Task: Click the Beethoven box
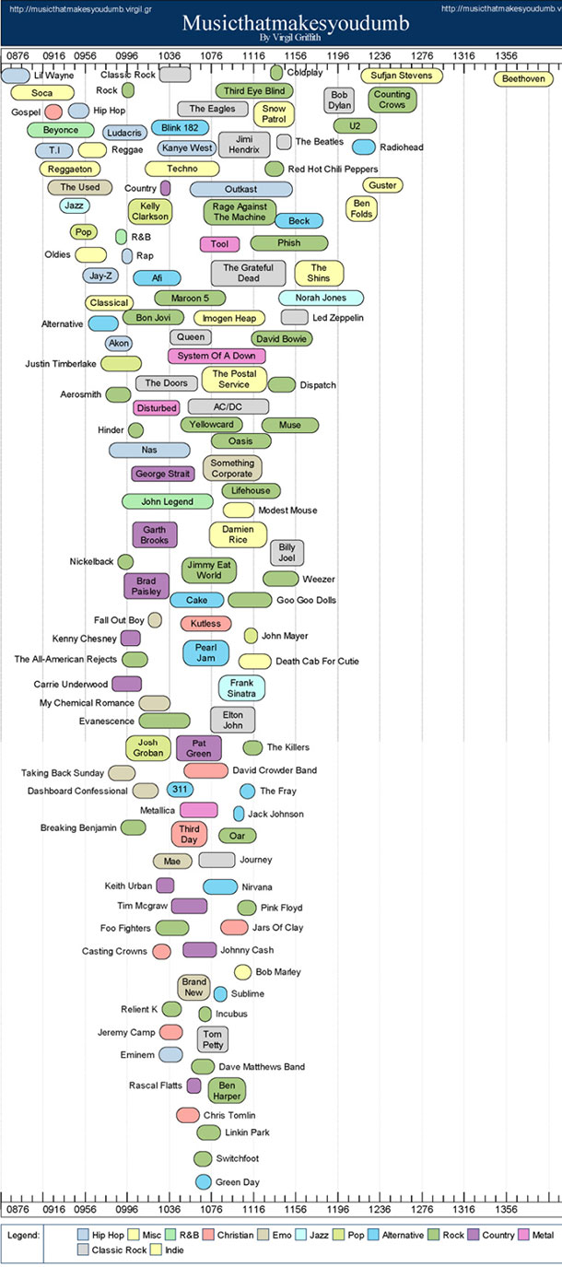click(x=523, y=78)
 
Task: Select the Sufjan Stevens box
click(x=402, y=76)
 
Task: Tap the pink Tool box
click(x=219, y=244)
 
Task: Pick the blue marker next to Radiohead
click(x=364, y=147)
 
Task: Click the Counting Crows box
click(x=392, y=100)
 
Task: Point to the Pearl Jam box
click(x=205, y=652)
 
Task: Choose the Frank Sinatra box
click(x=241, y=687)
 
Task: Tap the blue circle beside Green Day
click(x=203, y=1181)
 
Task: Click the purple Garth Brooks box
click(x=155, y=534)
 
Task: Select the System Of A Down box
click(x=217, y=356)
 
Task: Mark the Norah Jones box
click(x=321, y=298)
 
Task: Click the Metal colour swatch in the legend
click(x=523, y=1235)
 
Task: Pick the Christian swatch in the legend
click(x=208, y=1235)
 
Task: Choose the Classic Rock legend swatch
click(x=83, y=1249)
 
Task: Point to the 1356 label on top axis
click(x=506, y=55)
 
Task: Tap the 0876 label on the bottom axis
click(x=18, y=1209)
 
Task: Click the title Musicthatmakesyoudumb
click(x=296, y=23)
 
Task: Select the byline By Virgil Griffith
click(x=290, y=38)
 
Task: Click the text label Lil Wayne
click(x=53, y=76)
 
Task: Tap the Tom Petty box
click(x=213, y=1039)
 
